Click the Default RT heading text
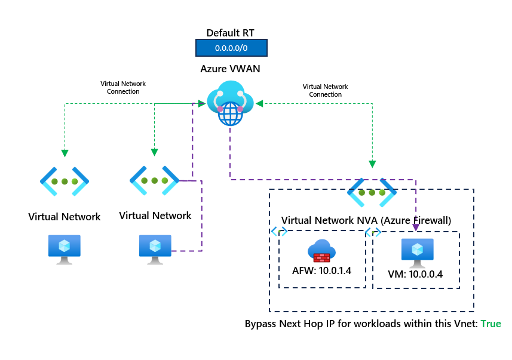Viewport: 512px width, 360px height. coord(230,33)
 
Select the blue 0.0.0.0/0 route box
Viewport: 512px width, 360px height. coord(231,48)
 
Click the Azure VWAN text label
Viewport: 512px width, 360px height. coord(230,69)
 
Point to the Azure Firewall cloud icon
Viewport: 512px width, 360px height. coord(321,251)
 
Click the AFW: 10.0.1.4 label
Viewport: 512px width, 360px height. coord(321,271)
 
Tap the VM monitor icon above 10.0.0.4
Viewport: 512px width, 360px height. coord(417,251)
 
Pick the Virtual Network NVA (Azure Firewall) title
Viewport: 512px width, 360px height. coord(366,220)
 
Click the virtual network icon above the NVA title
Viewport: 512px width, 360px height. coord(372,192)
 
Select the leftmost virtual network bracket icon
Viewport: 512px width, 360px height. coord(64,181)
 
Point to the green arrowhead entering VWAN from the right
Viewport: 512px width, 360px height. coord(259,104)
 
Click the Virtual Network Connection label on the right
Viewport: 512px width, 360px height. coord(326,91)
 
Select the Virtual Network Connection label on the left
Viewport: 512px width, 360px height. coord(123,88)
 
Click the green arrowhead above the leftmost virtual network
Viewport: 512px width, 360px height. coord(64,153)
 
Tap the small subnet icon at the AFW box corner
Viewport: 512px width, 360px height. coord(279,231)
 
